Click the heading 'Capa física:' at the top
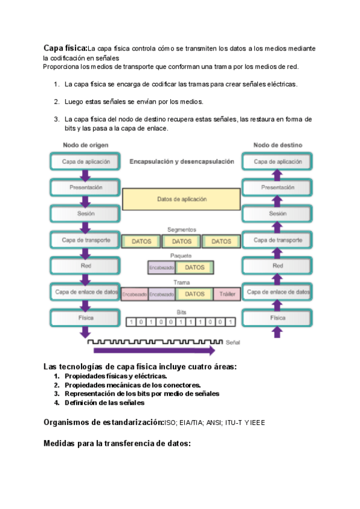click(x=65, y=47)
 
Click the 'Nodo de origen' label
click(x=85, y=145)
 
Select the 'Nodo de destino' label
click(x=277, y=145)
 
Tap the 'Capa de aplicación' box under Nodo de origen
click(x=85, y=161)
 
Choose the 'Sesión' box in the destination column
click(x=277, y=213)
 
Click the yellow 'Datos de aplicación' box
click(x=181, y=199)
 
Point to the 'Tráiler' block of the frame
click(x=226, y=294)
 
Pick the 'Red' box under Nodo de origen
click(x=85, y=265)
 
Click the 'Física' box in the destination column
click(x=277, y=318)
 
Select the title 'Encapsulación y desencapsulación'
click(x=181, y=161)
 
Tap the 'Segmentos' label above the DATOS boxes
click(x=181, y=229)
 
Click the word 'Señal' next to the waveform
click(x=233, y=342)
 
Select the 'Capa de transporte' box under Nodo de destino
click(x=277, y=239)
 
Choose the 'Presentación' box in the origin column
click(x=85, y=187)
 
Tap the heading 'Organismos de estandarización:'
click(x=103, y=422)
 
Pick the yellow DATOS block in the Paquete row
click(x=194, y=268)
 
